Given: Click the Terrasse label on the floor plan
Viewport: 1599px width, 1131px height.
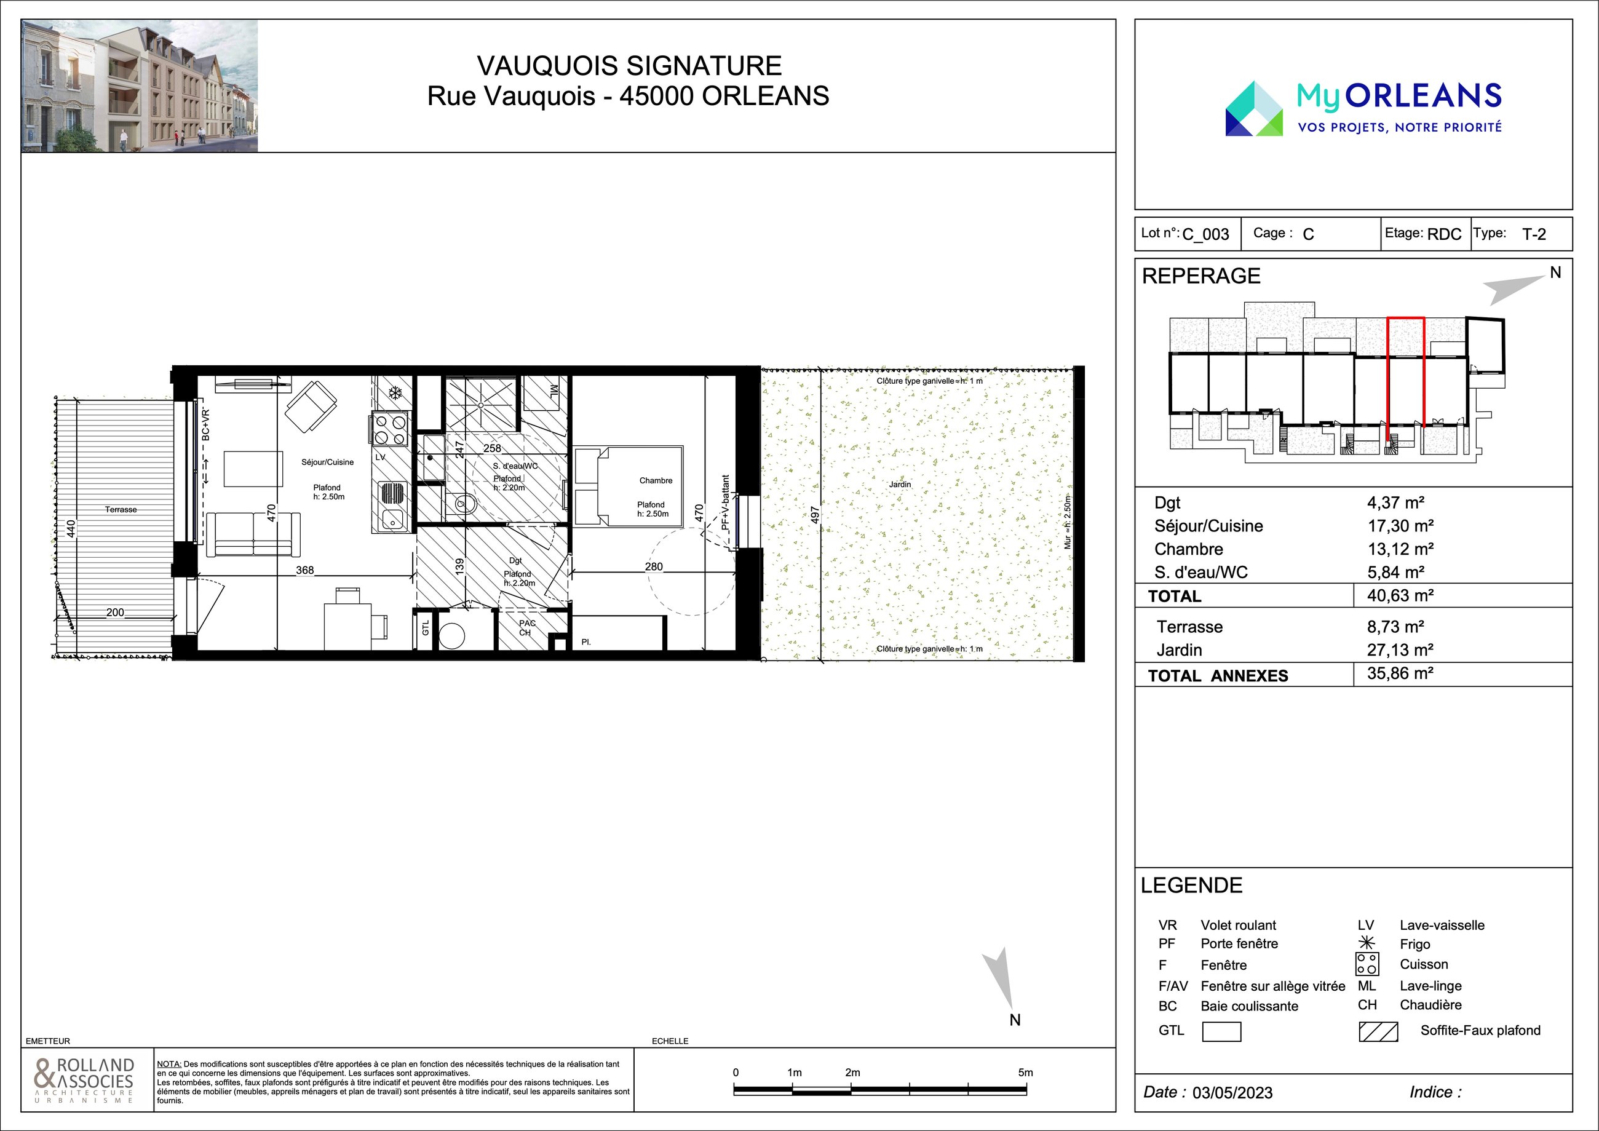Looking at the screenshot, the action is (x=121, y=509).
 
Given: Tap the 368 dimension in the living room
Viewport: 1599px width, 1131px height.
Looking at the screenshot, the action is (x=304, y=569).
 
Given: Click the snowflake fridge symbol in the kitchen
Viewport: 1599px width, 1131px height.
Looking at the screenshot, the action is (x=395, y=393).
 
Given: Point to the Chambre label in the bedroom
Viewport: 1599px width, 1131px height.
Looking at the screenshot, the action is (x=656, y=480).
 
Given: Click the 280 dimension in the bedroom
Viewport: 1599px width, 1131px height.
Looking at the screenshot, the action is (x=653, y=566).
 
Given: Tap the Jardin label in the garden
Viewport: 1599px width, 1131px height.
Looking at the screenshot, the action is (x=900, y=484).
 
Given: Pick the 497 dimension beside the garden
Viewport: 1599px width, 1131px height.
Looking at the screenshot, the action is (x=815, y=514).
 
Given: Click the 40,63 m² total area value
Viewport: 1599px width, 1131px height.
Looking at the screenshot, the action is (x=1400, y=595).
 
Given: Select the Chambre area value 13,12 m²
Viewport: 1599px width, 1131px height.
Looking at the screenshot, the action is (x=1400, y=549).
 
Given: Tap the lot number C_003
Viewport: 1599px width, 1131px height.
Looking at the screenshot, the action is (x=1205, y=234).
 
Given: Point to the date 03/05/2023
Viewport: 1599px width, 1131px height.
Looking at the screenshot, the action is (x=1232, y=1092).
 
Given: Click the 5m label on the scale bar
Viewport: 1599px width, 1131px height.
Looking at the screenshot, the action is (x=1025, y=1073).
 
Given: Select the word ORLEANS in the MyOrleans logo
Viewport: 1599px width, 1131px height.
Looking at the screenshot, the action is (x=1423, y=96).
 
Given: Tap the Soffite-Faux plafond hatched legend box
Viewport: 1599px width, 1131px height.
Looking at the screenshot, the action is (x=1378, y=1031).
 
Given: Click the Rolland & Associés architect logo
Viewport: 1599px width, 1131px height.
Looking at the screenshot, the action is (x=84, y=1079).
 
